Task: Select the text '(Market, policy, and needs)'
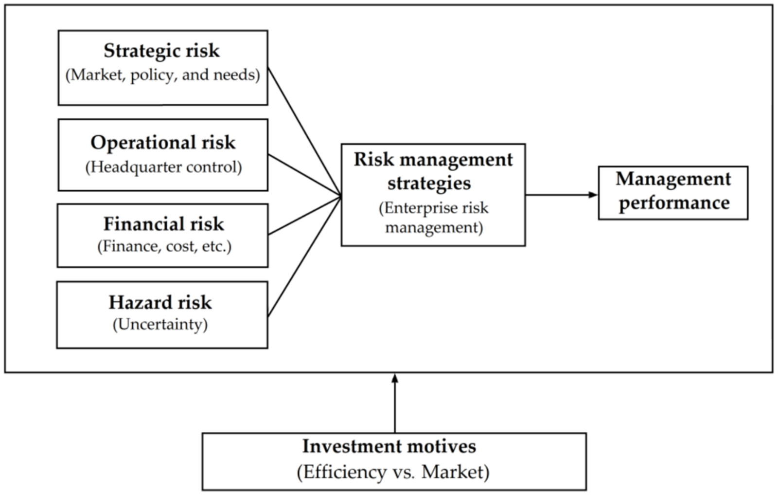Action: [x=162, y=75]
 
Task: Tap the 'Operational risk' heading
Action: [x=163, y=143]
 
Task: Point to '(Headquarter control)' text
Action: [x=163, y=167]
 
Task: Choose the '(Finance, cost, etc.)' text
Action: [x=164, y=246]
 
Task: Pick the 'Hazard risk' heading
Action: [x=160, y=302]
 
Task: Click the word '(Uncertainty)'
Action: [x=160, y=325]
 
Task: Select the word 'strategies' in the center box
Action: [x=429, y=183]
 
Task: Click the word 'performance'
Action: [x=674, y=202]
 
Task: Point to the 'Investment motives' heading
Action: [x=389, y=446]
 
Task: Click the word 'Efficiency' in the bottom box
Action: [x=345, y=472]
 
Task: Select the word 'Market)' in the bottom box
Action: [x=456, y=472]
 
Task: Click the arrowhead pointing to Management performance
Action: [x=593, y=195]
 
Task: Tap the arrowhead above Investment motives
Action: [x=394, y=378]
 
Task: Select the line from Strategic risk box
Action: [x=304, y=132]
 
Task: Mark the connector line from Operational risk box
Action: [x=304, y=176]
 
